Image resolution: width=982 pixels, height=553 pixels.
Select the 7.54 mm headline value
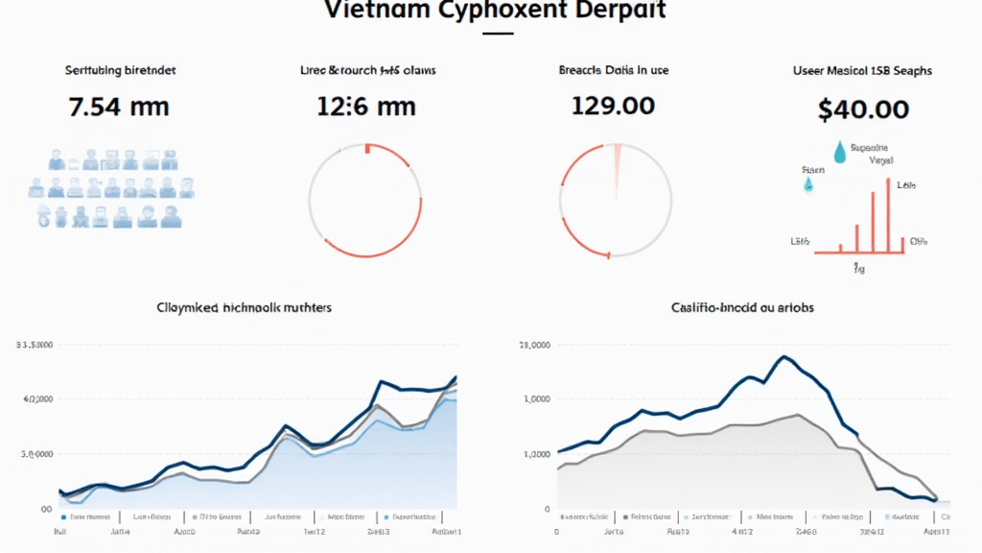click(119, 106)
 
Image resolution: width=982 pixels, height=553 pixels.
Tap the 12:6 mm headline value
click(365, 106)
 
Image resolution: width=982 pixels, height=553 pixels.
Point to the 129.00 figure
click(613, 106)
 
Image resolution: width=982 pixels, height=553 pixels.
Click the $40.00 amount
click(863, 108)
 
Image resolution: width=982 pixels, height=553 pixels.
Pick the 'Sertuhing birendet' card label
click(120, 70)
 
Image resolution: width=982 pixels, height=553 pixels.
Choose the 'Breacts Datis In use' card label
click(614, 70)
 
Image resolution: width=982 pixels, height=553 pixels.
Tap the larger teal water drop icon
click(840, 152)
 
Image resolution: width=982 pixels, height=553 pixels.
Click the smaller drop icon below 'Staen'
click(807, 183)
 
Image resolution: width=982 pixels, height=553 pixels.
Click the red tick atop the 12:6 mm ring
click(366, 148)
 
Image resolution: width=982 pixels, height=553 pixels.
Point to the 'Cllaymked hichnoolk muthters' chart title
click(244, 308)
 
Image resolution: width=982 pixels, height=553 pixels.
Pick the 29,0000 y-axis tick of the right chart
click(534, 345)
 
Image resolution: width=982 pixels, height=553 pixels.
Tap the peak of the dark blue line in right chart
click(784, 357)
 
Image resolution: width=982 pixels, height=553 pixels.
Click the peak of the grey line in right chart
click(799, 415)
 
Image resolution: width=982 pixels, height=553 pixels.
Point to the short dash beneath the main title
click(498, 34)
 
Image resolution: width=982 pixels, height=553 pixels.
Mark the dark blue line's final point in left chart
click(456, 376)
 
